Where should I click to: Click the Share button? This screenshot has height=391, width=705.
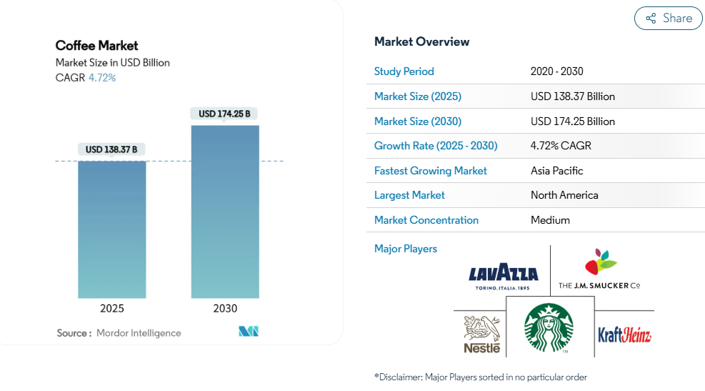(668, 18)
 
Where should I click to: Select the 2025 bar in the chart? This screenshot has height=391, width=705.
(112, 229)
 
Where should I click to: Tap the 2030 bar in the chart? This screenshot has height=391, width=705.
(225, 212)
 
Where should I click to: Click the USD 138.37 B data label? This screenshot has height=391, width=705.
(111, 149)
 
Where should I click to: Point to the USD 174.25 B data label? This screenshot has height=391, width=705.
(224, 114)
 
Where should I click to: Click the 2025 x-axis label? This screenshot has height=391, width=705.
(112, 309)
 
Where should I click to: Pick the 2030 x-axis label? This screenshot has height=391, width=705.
(225, 309)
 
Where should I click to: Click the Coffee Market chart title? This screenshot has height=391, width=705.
(96, 46)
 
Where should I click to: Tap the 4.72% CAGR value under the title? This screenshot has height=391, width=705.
(102, 78)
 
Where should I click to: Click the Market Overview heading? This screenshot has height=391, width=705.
(421, 42)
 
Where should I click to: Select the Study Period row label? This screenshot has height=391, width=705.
(404, 71)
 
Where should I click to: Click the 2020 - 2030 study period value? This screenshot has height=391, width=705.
(556, 71)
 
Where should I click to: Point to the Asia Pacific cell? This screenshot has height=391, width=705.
(556, 171)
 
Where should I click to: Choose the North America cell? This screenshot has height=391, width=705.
(564, 195)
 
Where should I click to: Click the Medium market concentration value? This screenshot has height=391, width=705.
(550, 220)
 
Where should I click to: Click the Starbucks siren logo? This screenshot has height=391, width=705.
(549, 327)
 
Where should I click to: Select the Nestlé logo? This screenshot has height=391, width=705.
(482, 335)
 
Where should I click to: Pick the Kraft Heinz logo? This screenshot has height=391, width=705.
(624, 335)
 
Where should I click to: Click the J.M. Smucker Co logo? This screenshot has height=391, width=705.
(599, 269)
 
